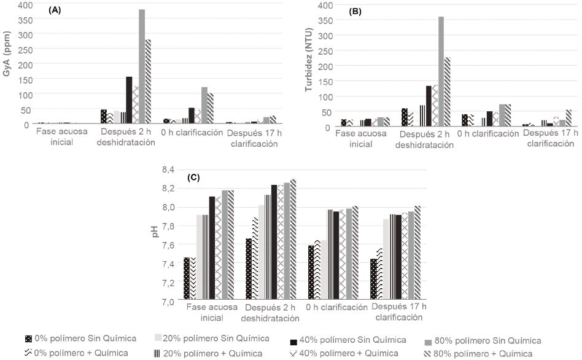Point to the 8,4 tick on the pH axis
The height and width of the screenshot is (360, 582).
point(167,170)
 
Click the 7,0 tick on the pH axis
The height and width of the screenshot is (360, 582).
point(167,302)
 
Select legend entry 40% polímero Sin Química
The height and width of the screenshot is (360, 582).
point(349,340)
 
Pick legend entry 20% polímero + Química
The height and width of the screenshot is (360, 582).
point(208,353)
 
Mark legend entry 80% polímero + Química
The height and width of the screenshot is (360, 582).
point(484,353)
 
